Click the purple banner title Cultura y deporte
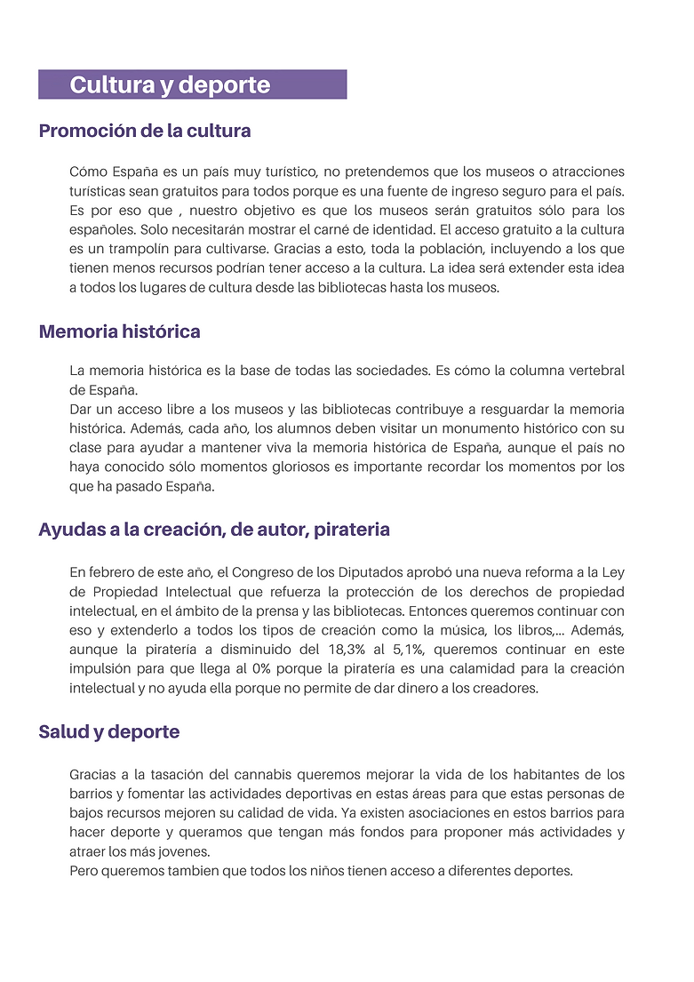170,85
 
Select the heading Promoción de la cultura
145,132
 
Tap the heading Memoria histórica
119,332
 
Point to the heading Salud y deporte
108,732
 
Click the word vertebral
593,370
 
